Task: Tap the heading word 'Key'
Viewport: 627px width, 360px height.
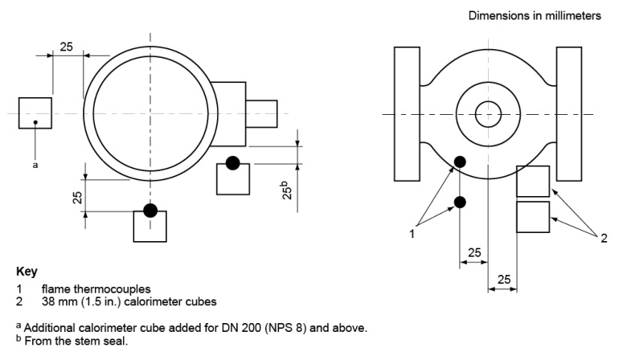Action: pyautogui.click(x=26, y=272)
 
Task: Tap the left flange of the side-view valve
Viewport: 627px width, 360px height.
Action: pyautogui.click(x=407, y=114)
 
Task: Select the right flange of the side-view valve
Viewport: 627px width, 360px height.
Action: pyautogui.click(x=568, y=114)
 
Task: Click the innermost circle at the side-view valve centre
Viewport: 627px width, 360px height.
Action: pyautogui.click(x=486, y=115)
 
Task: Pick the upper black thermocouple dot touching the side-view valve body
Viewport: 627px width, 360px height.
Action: pyautogui.click(x=460, y=163)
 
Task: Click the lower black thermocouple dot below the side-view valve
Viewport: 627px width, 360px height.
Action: pyautogui.click(x=460, y=202)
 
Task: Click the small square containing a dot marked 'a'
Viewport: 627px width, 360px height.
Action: pyautogui.click(x=35, y=113)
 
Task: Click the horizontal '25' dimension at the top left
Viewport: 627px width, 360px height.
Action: pyautogui.click(x=68, y=47)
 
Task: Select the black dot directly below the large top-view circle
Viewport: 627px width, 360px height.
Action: pyautogui.click(x=150, y=211)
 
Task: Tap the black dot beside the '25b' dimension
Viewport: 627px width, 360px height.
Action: pyautogui.click(x=233, y=162)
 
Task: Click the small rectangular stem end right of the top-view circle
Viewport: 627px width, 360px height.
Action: pyautogui.click(x=261, y=113)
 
